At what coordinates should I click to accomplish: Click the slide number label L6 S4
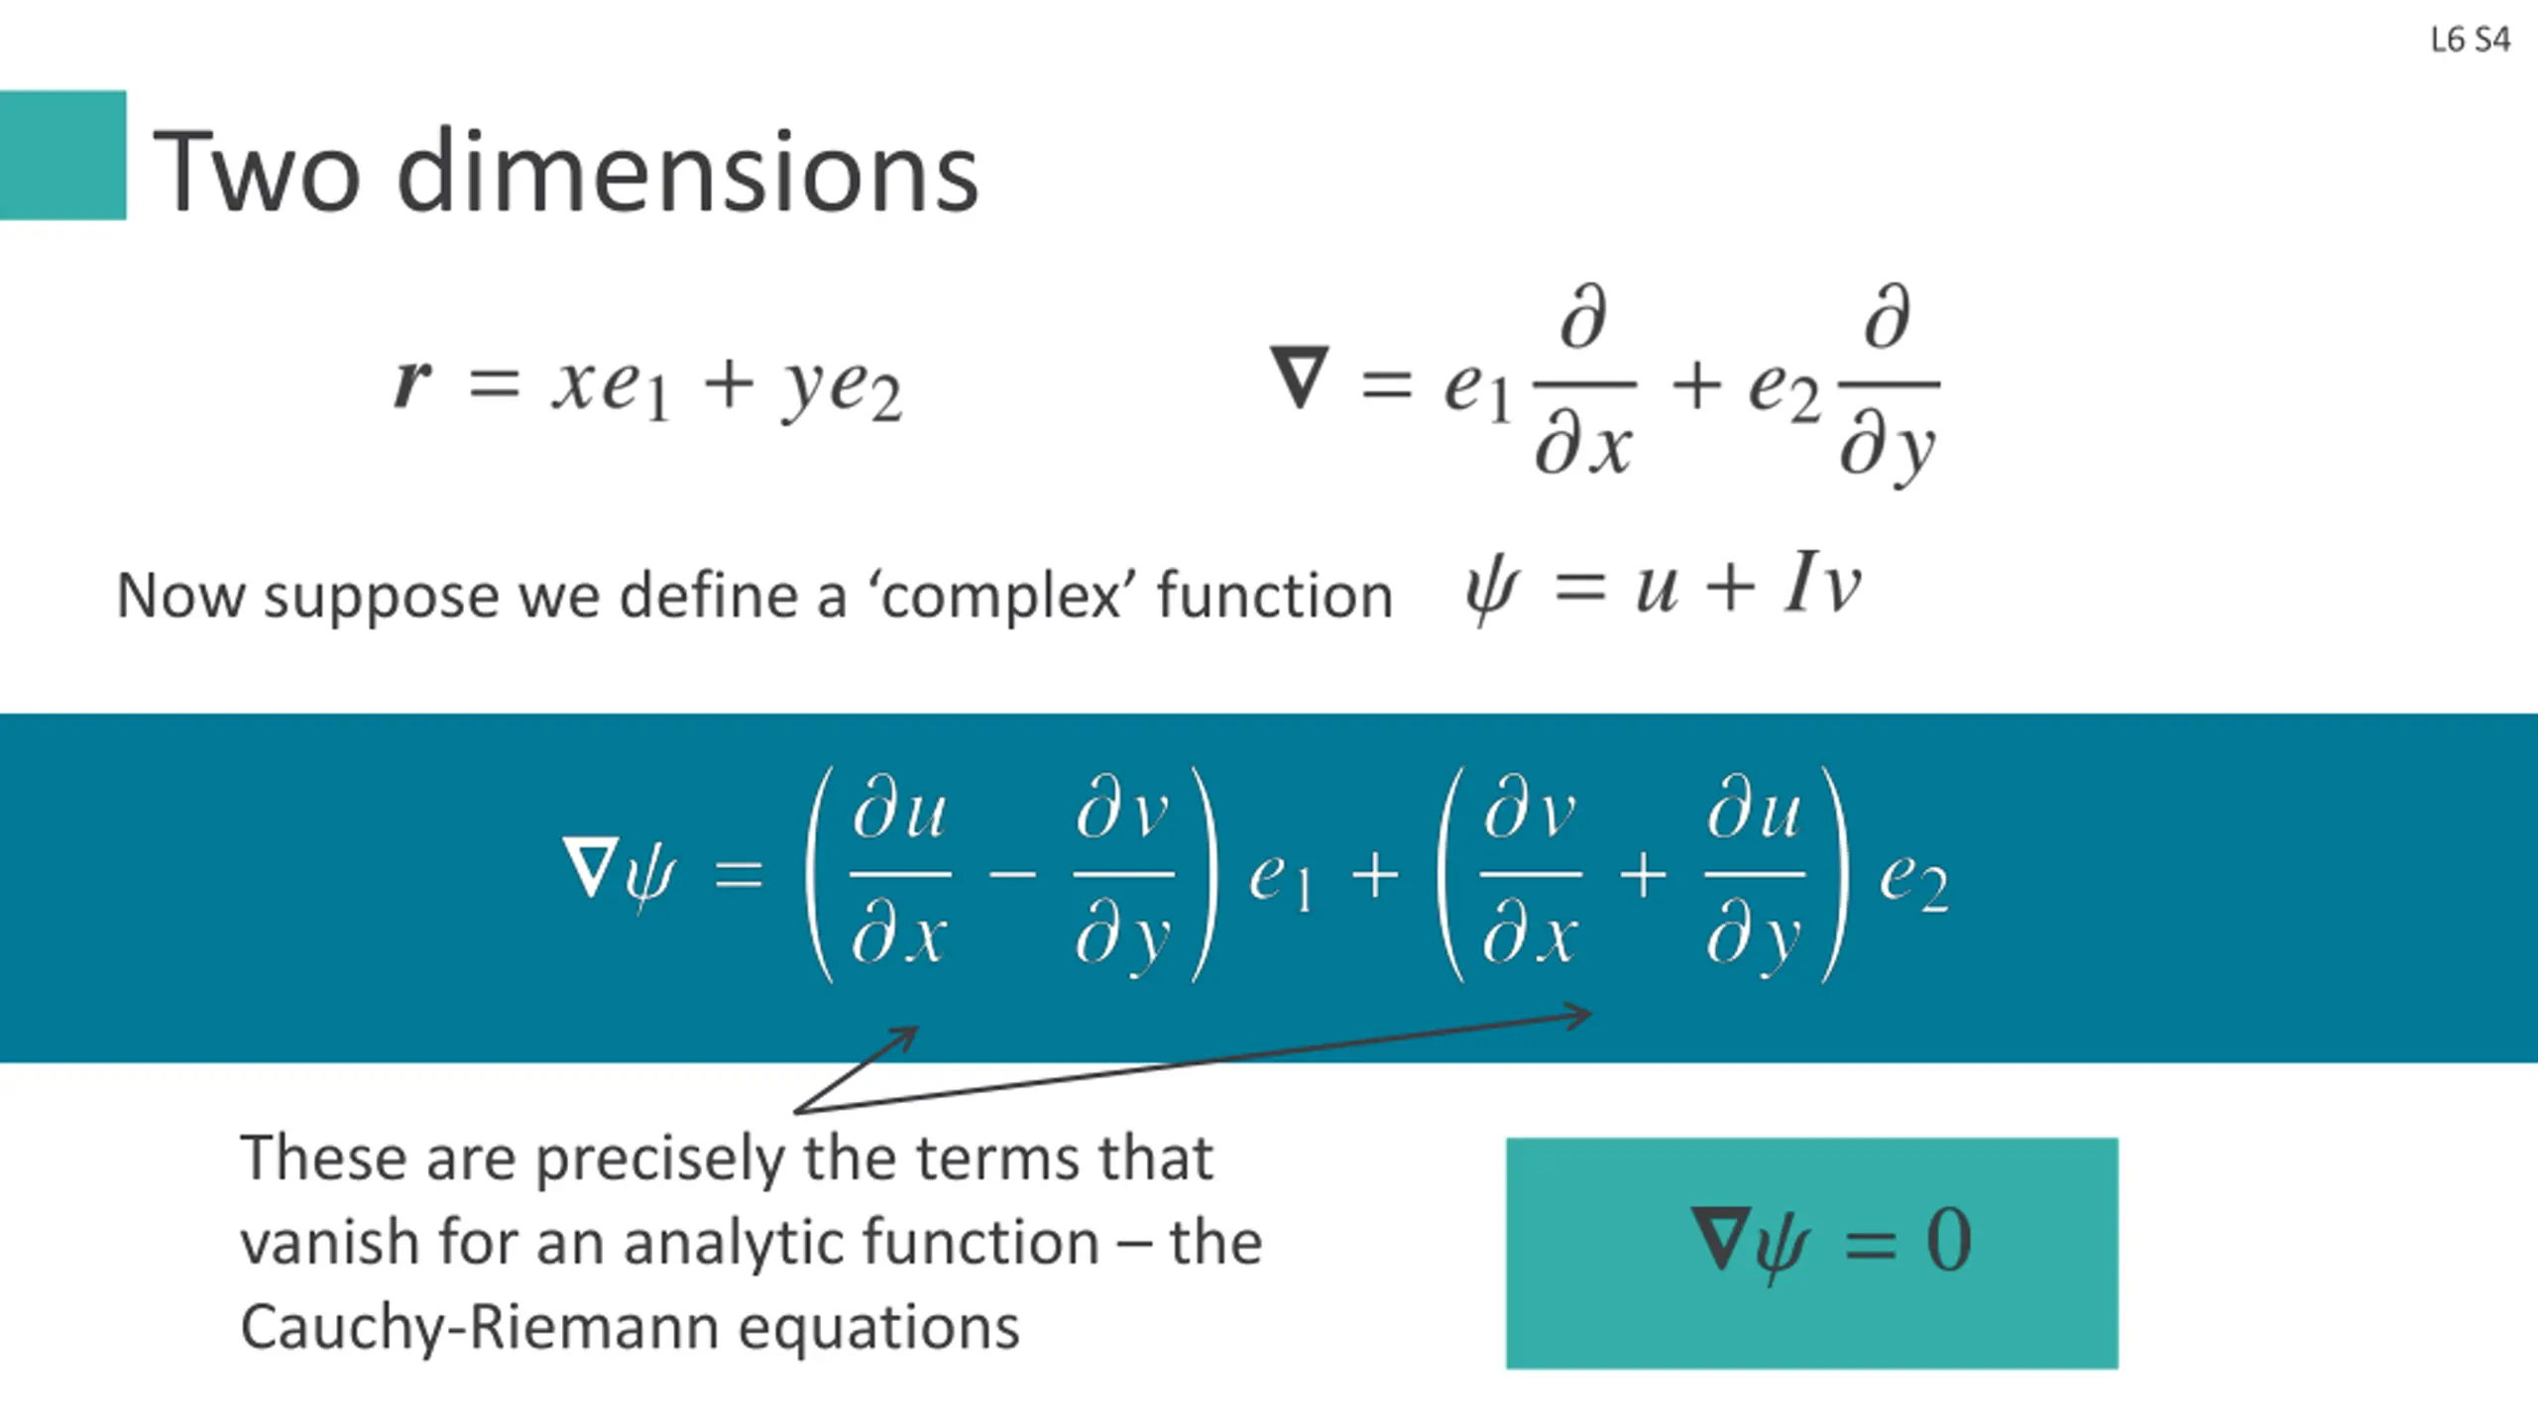[x=2470, y=40]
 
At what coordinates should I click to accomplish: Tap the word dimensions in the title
[x=687, y=173]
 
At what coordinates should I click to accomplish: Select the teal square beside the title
[x=62, y=155]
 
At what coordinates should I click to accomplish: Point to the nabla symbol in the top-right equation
[x=1299, y=377]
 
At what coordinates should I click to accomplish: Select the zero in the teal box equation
[x=1948, y=1241]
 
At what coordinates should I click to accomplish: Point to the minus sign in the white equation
[x=1012, y=875]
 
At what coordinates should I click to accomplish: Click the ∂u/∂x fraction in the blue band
[x=900, y=875]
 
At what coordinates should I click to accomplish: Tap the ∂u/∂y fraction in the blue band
[x=1753, y=875]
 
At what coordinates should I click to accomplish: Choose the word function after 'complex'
[x=1275, y=596]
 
